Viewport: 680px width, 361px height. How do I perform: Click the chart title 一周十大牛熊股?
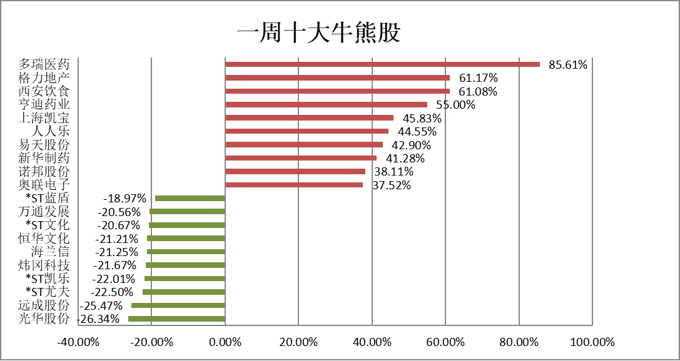click(x=318, y=32)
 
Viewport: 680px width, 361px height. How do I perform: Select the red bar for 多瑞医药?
click(x=382, y=64)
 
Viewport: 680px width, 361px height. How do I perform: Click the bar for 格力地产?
click(x=337, y=78)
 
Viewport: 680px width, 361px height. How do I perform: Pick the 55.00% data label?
click(x=455, y=105)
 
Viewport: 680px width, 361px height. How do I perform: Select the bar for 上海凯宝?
click(x=309, y=118)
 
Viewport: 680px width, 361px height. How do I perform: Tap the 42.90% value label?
click(x=411, y=145)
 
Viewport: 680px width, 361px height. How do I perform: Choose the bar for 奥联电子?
click(x=293, y=185)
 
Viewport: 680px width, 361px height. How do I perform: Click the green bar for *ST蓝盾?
click(x=190, y=199)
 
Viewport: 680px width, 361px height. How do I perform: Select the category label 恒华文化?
click(x=44, y=239)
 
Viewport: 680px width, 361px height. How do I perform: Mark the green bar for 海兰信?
click(x=186, y=252)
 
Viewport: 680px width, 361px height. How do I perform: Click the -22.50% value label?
click(x=112, y=292)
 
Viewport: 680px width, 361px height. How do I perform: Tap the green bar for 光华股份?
click(x=176, y=319)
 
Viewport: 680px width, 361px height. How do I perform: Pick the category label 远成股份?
click(x=44, y=305)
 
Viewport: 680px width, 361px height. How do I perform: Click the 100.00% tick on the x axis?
click(x=592, y=342)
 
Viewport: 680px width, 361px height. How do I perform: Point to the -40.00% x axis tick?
click(x=78, y=342)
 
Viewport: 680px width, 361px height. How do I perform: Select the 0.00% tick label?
click(x=225, y=342)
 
